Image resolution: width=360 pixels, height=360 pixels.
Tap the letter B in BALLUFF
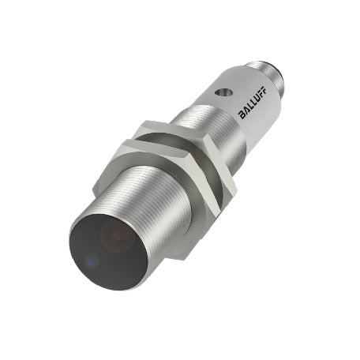tap(242, 115)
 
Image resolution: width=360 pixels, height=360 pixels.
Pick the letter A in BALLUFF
tap(246, 111)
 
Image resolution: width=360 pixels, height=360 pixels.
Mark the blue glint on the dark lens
tap(92, 261)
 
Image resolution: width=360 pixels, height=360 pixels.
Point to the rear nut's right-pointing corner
tap(236, 188)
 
